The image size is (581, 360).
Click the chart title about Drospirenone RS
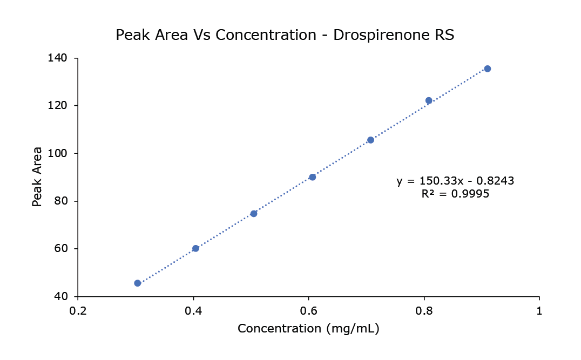pyautogui.click(x=285, y=36)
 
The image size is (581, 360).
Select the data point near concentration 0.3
pyautogui.click(x=138, y=283)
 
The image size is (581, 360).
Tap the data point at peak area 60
pyautogui.click(x=195, y=248)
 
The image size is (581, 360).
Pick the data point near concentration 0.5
pyautogui.click(x=254, y=214)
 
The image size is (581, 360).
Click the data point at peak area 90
pyautogui.click(x=312, y=177)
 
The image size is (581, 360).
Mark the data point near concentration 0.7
pyautogui.click(x=370, y=140)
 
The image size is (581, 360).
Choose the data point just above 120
pyautogui.click(x=429, y=100)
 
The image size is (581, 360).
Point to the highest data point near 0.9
pyautogui.click(x=488, y=69)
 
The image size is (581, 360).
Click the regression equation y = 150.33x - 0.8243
pyautogui.click(x=455, y=181)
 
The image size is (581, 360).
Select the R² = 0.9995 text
pyautogui.click(x=455, y=194)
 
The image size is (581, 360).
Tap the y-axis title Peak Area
pyautogui.click(x=37, y=176)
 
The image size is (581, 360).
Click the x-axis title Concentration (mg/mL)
pyautogui.click(x=308, y=329)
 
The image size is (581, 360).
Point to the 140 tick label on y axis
pyautogui.click(x=64, y=58)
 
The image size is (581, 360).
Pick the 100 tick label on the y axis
pyautogui.click(x=64, y=153)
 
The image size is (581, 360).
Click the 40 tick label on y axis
pyautogui.click(x=66, y=296)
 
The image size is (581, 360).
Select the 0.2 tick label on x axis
pyautogui.click(x=78, y=311)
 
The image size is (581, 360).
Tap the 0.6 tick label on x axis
pyautogui.click(x=308, y=311)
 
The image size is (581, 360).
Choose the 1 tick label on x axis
pyautogui.click(x=539, y=311)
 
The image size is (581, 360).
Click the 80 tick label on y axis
pyautogui.click(x=66, y=201)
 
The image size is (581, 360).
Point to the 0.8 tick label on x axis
pyautogui.click(x=424, y=311)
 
